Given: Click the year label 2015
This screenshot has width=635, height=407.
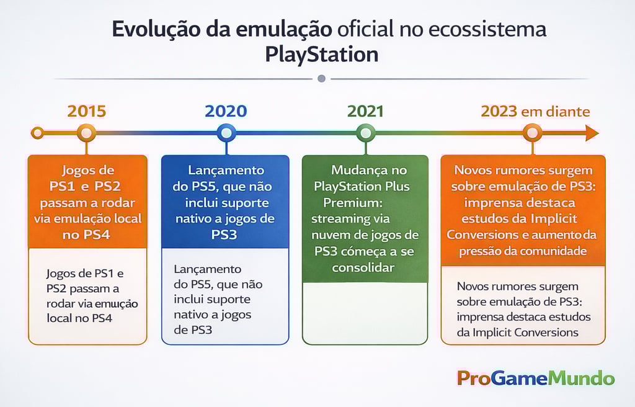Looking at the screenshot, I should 86,111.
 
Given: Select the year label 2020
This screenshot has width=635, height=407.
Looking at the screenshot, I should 226,111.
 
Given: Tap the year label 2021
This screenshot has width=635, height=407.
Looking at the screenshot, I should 365,111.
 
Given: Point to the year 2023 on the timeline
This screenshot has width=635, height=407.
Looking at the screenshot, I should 499,111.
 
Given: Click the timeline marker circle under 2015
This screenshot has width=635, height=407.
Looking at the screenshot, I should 86,133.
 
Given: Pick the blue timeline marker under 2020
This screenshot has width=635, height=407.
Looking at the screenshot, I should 226,133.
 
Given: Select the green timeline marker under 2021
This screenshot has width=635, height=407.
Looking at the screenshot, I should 365,133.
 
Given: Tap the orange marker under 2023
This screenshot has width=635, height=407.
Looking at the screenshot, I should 531,133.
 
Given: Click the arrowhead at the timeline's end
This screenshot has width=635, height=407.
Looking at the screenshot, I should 592,133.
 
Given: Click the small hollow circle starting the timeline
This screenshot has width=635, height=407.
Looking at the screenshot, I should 38,133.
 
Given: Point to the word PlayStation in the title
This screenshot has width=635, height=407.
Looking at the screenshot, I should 321,55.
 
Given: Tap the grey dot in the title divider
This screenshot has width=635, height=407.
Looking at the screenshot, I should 321,79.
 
